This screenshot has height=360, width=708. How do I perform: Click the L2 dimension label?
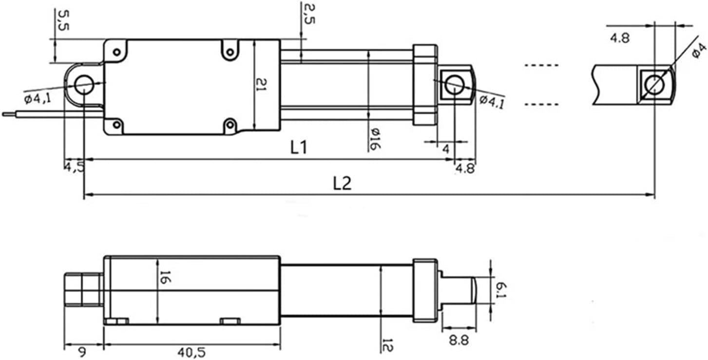(342, 184)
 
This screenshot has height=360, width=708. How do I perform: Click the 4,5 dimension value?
(74, 167)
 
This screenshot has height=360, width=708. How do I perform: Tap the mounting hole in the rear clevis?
(84, 84)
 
